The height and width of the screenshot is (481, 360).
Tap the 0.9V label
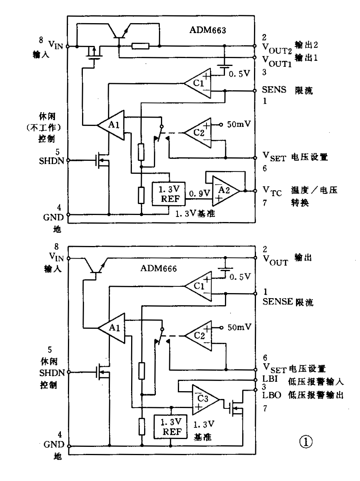198,193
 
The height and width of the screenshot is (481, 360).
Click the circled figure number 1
306,442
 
